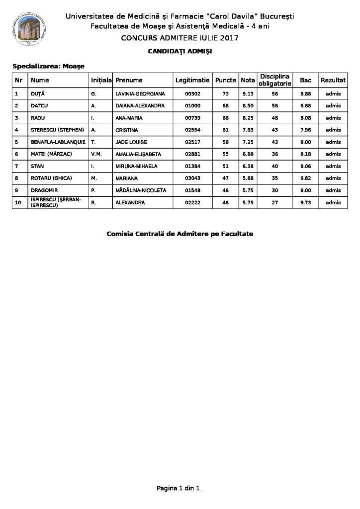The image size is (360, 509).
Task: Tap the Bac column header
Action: click(x=305, y=80)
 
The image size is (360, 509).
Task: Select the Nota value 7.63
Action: click(x=247, y=130)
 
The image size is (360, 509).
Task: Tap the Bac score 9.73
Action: click(x=305, y=202)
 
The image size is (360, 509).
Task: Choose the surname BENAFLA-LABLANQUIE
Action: click(x=57, y=142)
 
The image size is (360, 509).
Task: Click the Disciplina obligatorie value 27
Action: click(x=273, y=202)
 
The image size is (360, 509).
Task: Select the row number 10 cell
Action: click(x=18, y=202)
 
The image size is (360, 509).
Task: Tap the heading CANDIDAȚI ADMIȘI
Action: click(x=180, y=51)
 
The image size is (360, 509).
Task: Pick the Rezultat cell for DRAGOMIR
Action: click(x=333, y=190)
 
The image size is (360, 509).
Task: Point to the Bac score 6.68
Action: click(x=305, y=105)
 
